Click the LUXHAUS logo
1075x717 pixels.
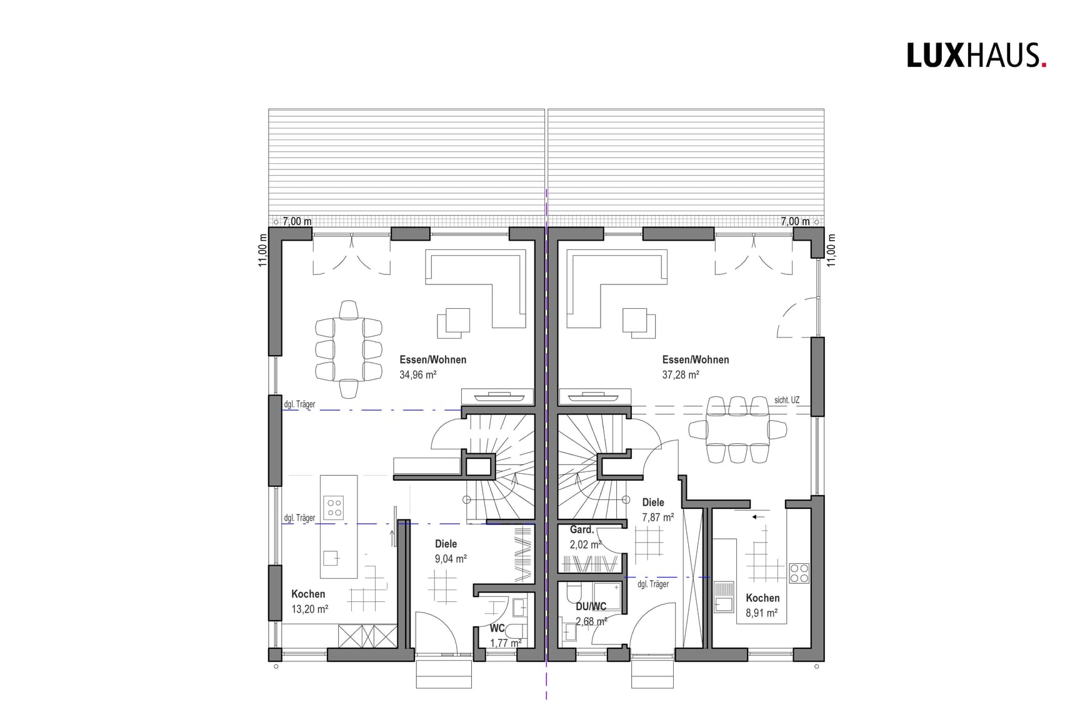[976, 55]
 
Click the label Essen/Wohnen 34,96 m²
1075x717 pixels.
[432, 367]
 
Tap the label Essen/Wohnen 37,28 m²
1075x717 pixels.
[695, 367]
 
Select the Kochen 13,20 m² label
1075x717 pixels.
[309, 601]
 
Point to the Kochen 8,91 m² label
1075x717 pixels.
[762, 606]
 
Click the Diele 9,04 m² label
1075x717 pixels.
[450, 551]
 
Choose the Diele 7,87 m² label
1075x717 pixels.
[657, 509]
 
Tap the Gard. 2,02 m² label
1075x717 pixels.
[585, 537]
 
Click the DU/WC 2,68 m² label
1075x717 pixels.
[591, 614]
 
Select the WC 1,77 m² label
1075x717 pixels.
[505, 635]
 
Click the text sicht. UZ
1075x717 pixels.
[786, 400]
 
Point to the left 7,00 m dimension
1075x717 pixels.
[297, 221]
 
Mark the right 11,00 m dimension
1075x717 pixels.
[831, 250]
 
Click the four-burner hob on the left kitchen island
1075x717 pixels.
[333, 507]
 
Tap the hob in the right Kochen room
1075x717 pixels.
[799, 573]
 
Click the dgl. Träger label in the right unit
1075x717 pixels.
[653, 584]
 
